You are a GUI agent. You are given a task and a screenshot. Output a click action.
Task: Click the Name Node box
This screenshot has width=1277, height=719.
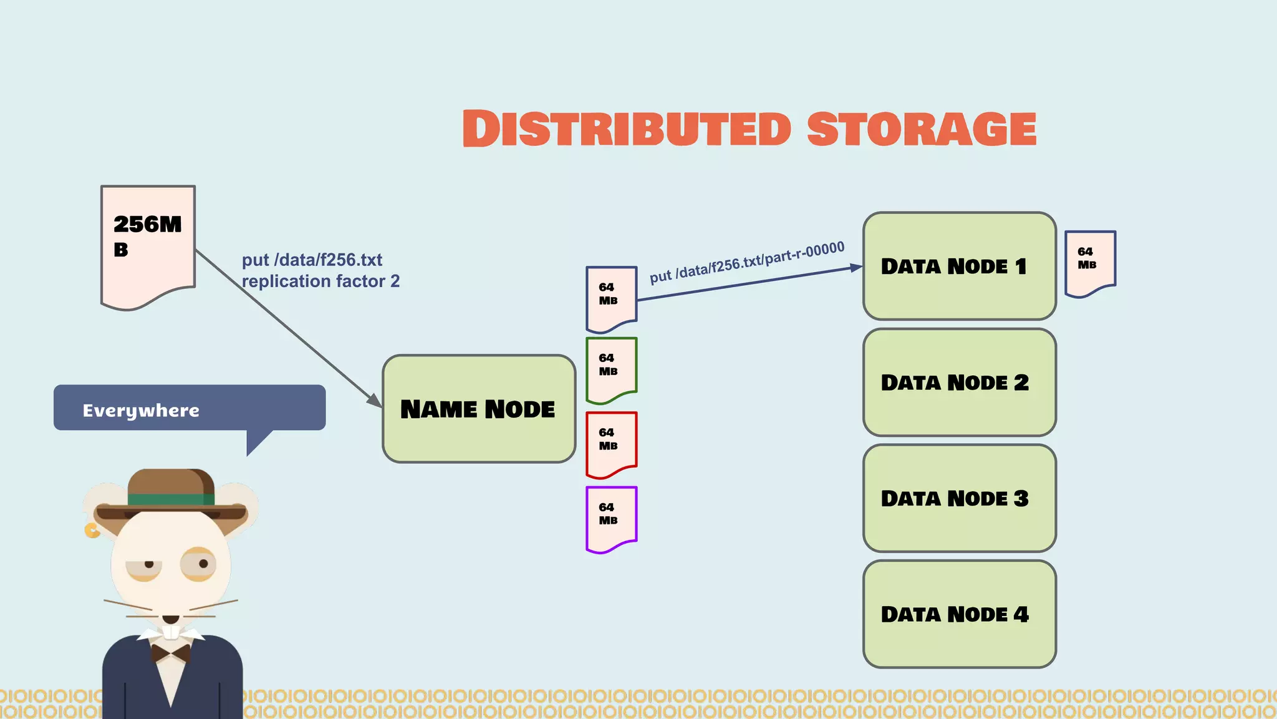(479, 409)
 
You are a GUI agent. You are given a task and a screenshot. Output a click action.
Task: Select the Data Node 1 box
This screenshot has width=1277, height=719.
(959, 266)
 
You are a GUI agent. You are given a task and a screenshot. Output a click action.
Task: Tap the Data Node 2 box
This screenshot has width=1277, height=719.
(959, 382)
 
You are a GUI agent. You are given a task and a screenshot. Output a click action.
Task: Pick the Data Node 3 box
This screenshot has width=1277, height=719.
(959, 498)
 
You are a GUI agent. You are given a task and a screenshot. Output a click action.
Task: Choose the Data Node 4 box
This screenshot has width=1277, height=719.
(959, 614)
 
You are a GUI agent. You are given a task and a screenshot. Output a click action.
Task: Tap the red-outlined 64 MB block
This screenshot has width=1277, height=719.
(611, 444)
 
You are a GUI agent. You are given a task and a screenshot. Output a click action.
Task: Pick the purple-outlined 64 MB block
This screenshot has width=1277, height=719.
(611, 519)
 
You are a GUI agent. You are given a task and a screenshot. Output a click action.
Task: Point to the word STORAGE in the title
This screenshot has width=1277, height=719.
(921, 129)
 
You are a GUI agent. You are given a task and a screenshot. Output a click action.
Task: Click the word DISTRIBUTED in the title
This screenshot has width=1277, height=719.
(626, 129)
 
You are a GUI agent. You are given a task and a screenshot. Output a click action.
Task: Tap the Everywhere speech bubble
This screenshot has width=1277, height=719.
(189, 408)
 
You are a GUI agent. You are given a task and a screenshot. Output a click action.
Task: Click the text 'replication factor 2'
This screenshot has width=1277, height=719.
(320, 281)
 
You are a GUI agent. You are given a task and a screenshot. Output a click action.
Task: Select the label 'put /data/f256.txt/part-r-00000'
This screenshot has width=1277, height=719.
(746, 262)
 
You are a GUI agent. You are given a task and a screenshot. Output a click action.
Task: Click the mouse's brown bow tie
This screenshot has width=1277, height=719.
(171, 653)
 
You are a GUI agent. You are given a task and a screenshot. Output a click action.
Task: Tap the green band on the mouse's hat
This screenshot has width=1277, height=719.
(171, 499)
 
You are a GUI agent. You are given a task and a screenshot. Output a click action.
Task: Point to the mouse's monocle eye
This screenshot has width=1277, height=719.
(199, 564)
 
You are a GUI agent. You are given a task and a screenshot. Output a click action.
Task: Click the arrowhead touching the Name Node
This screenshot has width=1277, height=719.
(375, 401)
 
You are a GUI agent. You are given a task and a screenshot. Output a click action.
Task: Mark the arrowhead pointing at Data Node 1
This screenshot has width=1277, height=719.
(856, 268)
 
